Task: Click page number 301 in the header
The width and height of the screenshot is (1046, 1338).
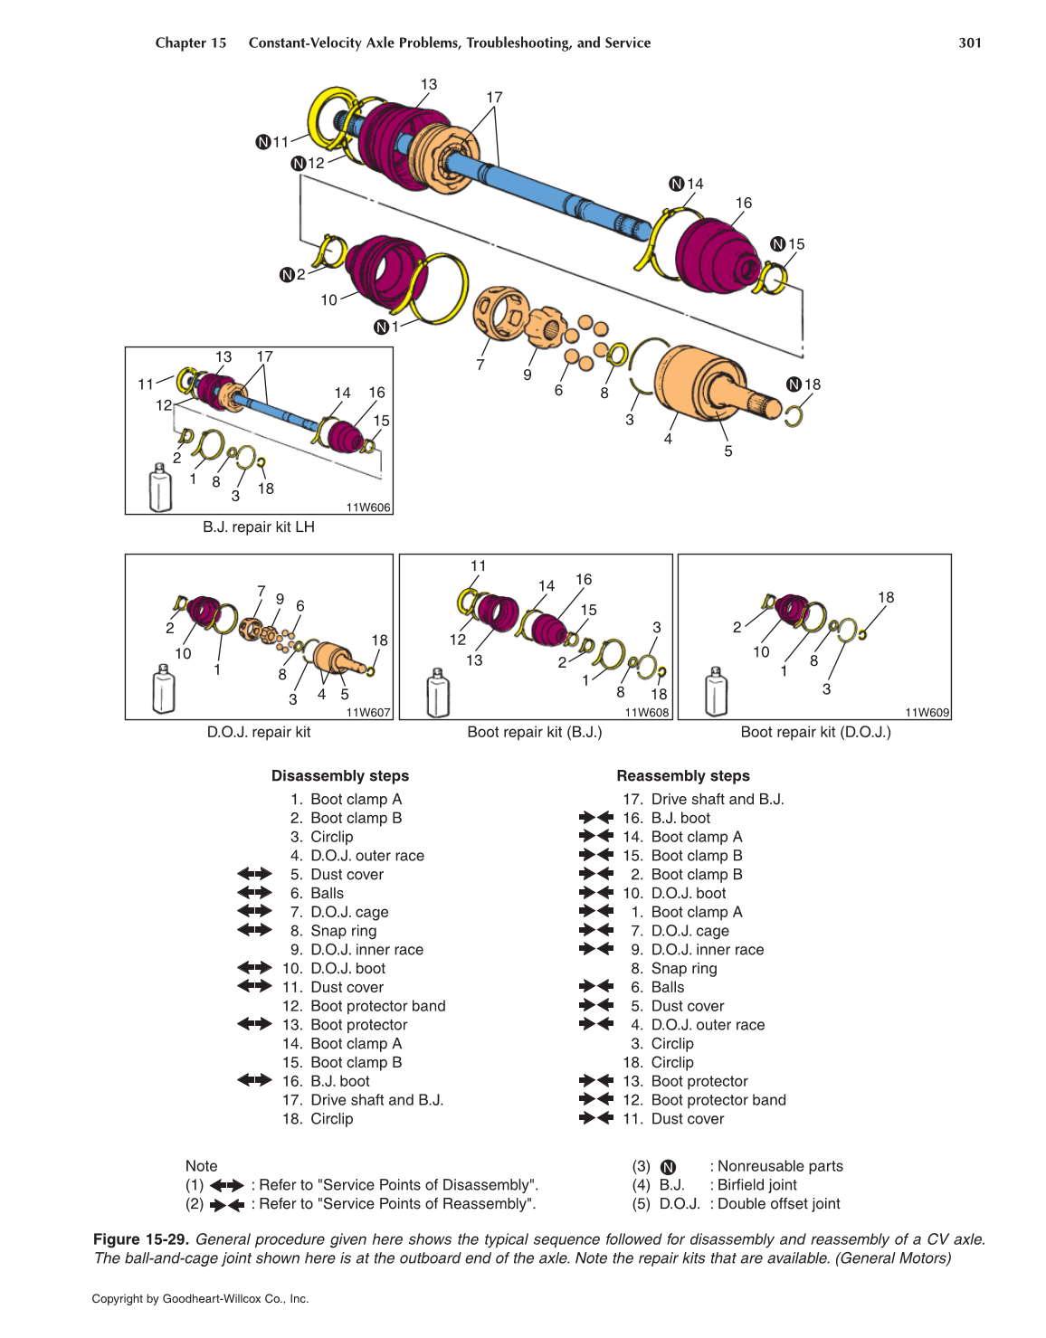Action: (969, 43)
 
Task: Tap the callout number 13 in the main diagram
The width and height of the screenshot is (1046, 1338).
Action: (428, 84)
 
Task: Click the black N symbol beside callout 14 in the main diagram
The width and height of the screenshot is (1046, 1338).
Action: (676, 184)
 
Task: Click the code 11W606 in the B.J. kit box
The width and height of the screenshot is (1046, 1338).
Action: (368, 508)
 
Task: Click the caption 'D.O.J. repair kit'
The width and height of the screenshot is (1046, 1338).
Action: (259, 732)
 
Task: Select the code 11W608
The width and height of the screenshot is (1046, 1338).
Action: (647, 713)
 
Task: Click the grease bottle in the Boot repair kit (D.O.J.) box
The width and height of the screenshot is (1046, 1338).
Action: (716, 693)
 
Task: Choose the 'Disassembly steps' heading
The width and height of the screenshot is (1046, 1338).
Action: (340, 775)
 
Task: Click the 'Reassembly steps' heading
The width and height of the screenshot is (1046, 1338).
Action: (683, 775)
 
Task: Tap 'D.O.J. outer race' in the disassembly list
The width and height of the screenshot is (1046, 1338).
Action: (367, 856)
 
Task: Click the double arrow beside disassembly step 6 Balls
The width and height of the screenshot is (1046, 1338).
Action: (254, 893)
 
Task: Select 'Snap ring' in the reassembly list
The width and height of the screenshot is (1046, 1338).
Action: (684, 969)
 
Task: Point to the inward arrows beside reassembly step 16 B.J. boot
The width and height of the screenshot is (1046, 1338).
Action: (596, 818)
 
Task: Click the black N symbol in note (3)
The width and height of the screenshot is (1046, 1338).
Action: (668, 1167)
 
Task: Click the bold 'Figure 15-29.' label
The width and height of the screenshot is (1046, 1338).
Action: (141, 1239)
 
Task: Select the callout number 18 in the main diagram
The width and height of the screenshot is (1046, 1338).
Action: (813, 384)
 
